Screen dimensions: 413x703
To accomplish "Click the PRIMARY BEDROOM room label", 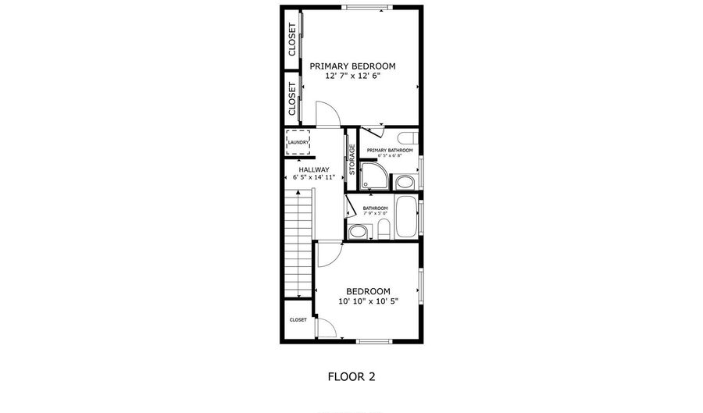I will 352,66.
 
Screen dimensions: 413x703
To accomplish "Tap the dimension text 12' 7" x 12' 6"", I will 352,77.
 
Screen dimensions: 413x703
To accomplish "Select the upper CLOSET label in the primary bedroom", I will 292,39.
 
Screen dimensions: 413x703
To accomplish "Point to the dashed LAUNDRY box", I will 298,142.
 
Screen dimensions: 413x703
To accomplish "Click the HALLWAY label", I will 313,169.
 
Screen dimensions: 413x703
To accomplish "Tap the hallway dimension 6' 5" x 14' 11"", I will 313,178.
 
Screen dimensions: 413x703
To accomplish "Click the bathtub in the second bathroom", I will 407,216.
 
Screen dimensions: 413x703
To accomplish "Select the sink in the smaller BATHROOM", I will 359,230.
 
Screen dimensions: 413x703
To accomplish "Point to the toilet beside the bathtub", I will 384,229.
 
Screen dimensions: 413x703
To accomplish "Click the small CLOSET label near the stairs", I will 298,319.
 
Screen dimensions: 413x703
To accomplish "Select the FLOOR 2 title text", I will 351,376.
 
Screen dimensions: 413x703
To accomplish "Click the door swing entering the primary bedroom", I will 327,116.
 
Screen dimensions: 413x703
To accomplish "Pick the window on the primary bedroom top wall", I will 365,9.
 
